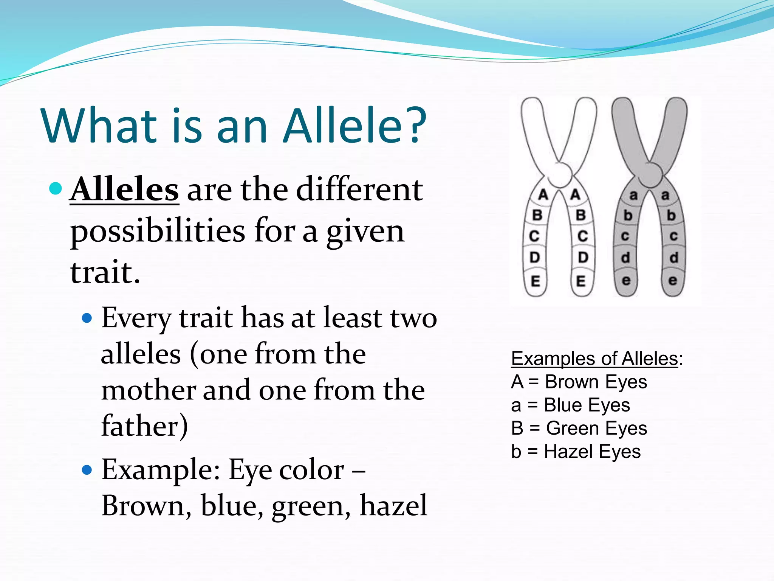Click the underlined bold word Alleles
[x=125, y=190]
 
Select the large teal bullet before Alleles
[x=56, y=188]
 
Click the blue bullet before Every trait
[x=87, y=318]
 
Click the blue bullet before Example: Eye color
[x=87, y=470]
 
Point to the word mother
[x=148, y=390]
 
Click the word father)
[x=144, y=426]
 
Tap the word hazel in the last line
[x=393, y=505]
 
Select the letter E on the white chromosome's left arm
[x=535, y=281]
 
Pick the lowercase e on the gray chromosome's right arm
[x=673, y=281]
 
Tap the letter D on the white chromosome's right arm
[x=583, y=258]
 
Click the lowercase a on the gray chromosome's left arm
[x=633, y=196]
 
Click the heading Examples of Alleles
[x=594, y=359]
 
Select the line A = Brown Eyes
[x=579, y=382]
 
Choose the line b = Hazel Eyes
[x=576, y=452]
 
